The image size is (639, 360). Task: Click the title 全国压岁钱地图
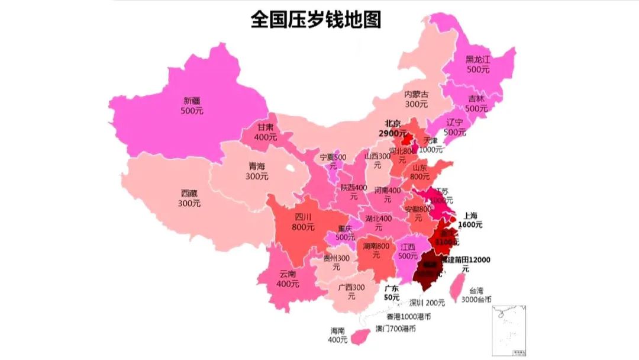[x=315, y=20]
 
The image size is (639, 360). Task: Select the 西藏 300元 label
[x=189, y=198]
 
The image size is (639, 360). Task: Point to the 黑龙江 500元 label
[x=478, y=64]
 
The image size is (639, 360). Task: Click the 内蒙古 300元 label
[x=416, y=99]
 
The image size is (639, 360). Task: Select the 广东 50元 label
[x=392, y=292]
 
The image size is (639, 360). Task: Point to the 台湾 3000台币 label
[x=476, y=295]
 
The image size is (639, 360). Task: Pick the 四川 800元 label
[x=303, y=221]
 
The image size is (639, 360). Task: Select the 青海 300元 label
[x=257, y=171]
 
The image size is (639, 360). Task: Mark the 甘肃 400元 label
[x=266, y=131]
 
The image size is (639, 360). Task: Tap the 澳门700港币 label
[x=395, y=328]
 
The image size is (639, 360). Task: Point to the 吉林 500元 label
[x=476, y=104]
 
